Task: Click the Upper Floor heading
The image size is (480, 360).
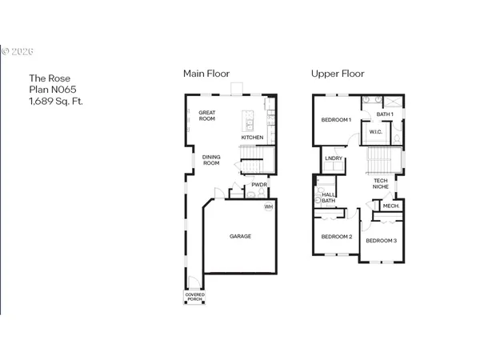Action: (x=338, y=74)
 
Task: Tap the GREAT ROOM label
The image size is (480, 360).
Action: (x=208, y=115)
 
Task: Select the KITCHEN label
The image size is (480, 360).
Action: (x=252, y=138)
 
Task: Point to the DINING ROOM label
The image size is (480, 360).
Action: (x=210, y=160)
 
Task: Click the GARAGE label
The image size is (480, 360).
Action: (x=241, y=236)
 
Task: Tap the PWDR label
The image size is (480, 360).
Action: (x=258, y=185)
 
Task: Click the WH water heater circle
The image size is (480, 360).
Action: (x=269, y=206)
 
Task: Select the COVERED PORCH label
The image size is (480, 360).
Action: (x=194, y=298)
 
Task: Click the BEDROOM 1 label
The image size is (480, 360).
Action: (x=337, y=120)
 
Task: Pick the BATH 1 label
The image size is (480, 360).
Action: (x=385, y=114)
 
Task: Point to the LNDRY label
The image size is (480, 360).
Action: (x=334, y=158)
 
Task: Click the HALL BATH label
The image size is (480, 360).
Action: (x=329, y=197)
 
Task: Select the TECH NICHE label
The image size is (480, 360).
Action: (x=381, y=184)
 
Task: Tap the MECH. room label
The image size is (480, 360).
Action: (x=390, y=206)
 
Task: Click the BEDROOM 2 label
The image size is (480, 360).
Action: (x=337, y=237)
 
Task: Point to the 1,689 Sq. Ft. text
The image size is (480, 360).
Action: (x=56, y=102)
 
